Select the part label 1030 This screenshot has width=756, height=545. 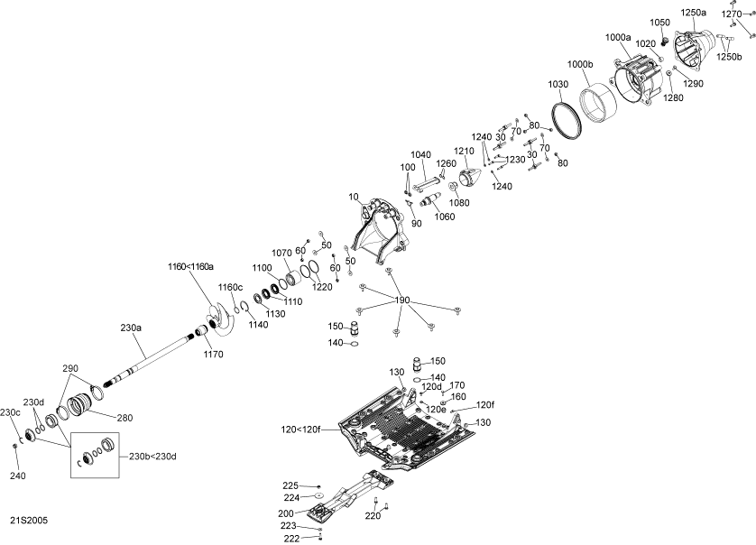[x=558, y=84]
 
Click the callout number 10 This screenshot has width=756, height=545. [x=351, y=196]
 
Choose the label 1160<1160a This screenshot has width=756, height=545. [x=190, y=266]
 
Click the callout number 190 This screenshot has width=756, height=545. [x=401, y=300]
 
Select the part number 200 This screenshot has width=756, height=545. [x=285, y=513]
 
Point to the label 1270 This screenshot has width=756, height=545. [x=732, y=14]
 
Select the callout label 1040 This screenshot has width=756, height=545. [x=421, y=154]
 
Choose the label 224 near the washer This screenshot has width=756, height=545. [x=290, y=497]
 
